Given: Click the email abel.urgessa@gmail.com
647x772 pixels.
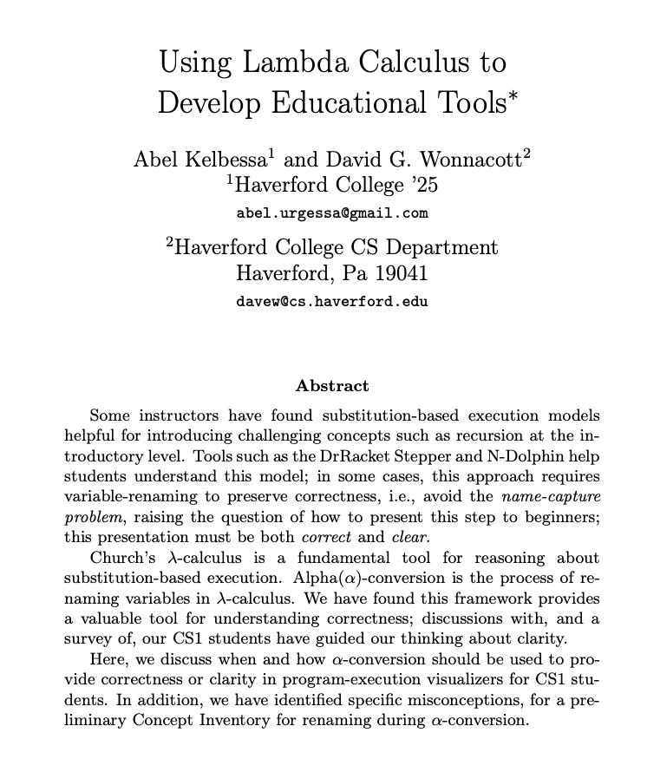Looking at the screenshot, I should [x=332, y=213].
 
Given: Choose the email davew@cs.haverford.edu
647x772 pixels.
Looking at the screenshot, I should [x=332, y=302].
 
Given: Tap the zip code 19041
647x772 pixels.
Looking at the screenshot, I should [x=395, y=274].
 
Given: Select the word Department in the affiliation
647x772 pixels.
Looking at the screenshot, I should [x=438, y=247].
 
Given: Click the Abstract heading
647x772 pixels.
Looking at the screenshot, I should [x=332, y=386].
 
